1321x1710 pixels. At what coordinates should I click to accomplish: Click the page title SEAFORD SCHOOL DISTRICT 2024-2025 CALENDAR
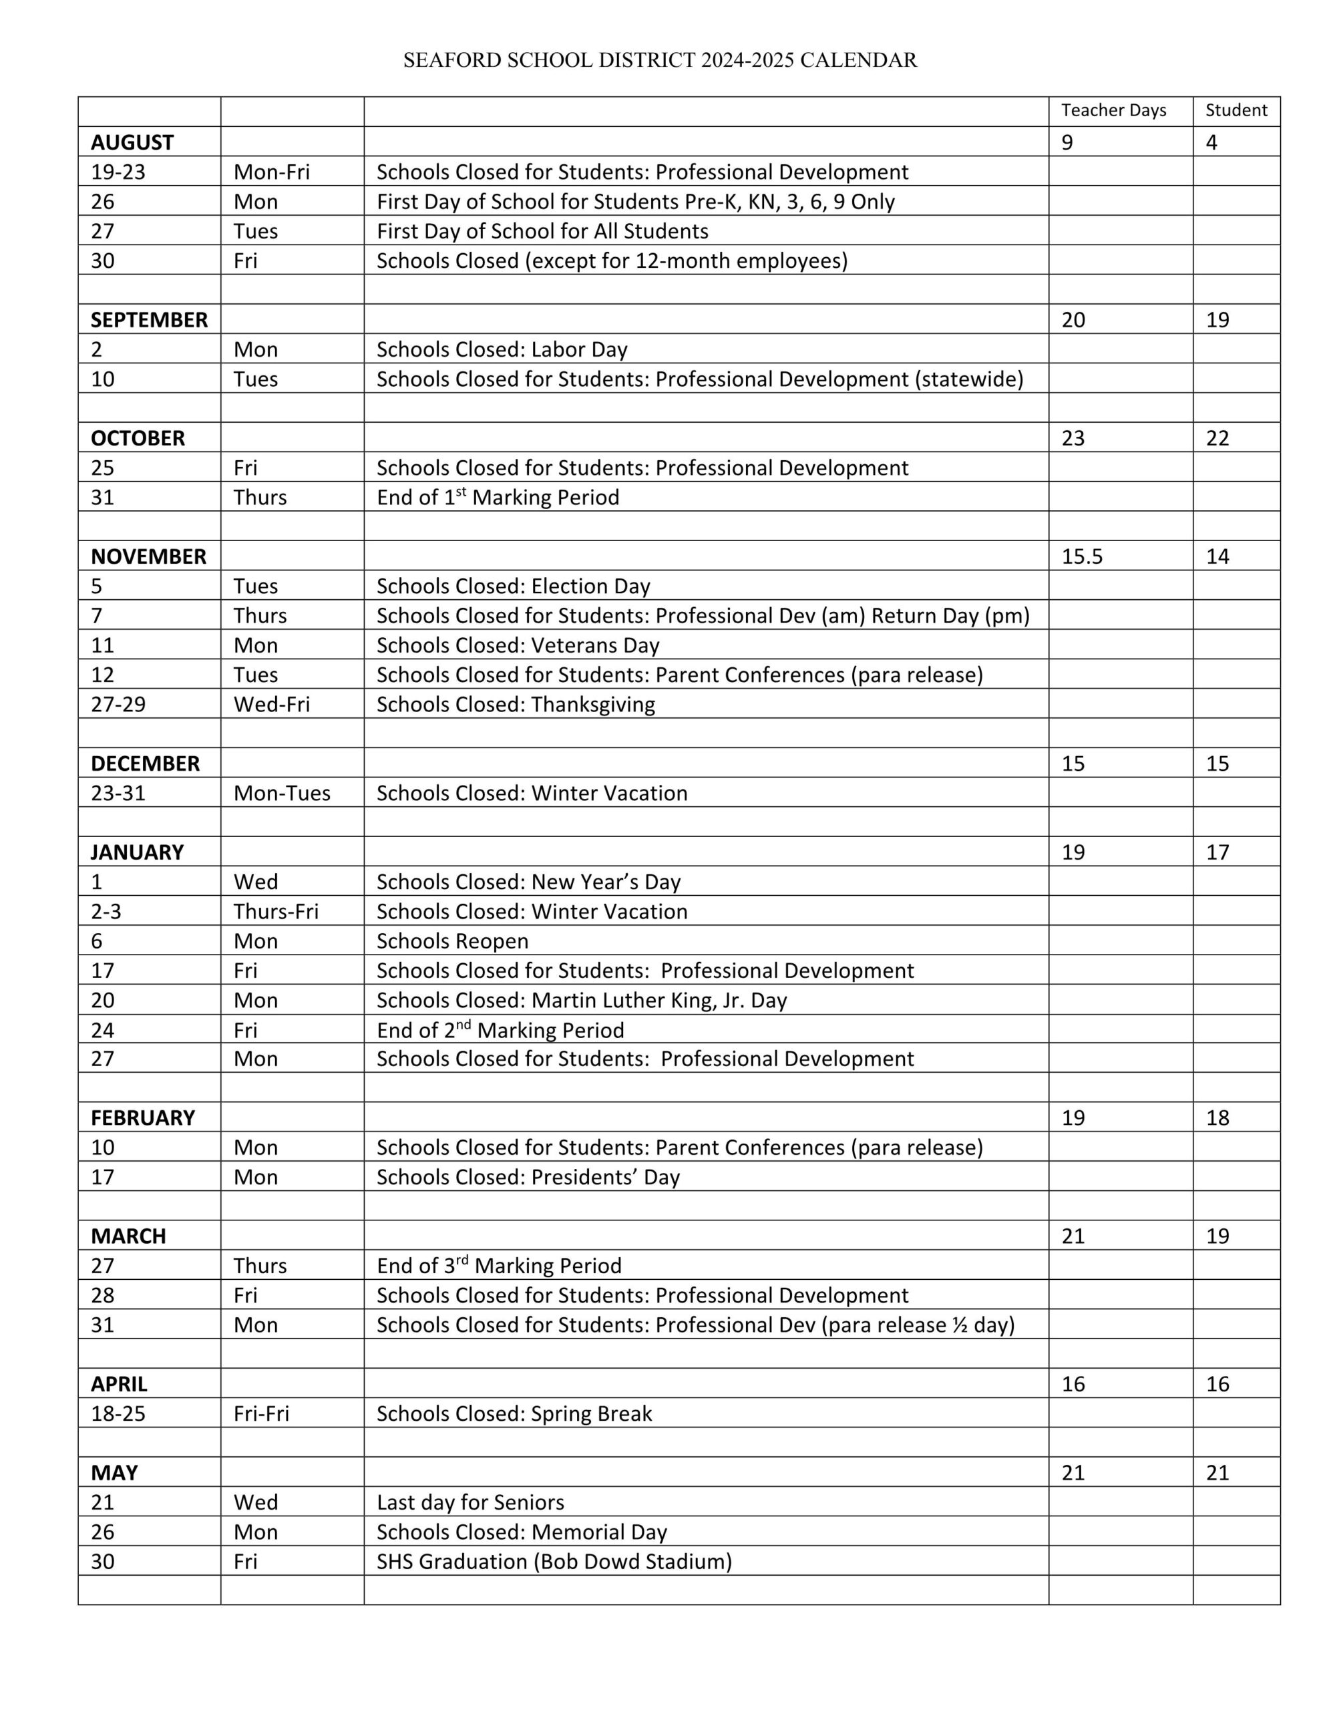tap(659, 60)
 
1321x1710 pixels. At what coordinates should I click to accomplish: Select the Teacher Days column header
tap(1113, 110)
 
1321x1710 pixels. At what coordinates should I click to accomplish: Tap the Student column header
tap(1236, 110)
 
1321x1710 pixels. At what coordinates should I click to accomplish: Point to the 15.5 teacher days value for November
tap(1081, 556)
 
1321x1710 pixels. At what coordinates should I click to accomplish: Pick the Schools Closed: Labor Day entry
tap(502, 349)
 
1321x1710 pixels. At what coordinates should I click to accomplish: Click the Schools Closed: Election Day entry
tap(513, 586)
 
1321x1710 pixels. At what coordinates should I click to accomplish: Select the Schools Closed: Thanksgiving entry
tap(516, 704)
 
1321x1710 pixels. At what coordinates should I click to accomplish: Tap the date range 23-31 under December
tap(118, 793)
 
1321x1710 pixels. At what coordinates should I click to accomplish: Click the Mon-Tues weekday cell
tap(282, 793)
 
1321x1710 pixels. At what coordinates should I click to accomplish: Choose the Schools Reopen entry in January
tap(453, 940)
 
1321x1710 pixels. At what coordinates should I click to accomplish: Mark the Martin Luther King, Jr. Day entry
tap(581, 1000)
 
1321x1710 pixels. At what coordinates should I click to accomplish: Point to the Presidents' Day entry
tap(528, 1177)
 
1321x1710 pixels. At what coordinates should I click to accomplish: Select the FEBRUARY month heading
tap(142, 1118)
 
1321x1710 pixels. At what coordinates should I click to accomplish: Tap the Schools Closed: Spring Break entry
tap(514, 1413)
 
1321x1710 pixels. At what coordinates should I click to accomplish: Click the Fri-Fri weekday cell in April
tap(260, 1413)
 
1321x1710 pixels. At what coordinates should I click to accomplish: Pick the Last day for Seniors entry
tap(469, 1502)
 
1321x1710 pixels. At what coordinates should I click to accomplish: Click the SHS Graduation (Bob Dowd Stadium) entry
tap(554, 1561)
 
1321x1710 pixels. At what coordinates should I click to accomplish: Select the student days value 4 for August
tap(1211, 142)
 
